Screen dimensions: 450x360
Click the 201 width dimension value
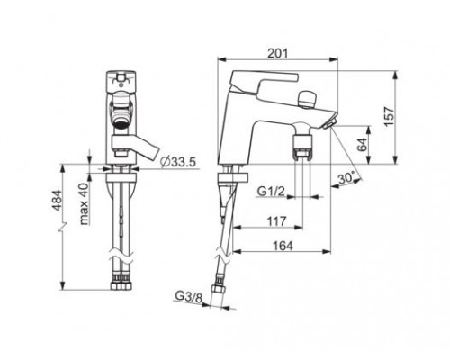(x=277, y=53)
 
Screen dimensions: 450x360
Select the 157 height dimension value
(x=389, y=117)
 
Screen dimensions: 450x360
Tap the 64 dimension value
(x=363, y=145)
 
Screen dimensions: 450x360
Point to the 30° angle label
(x=346, y=178)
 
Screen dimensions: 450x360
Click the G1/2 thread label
(x=271, y=191)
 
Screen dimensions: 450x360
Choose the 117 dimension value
(x=276, y=221)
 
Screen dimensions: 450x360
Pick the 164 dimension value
(x=283, y=246)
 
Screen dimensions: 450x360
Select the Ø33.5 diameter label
(x=178, y=162)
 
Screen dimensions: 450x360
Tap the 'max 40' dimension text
(x=85, y=203)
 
